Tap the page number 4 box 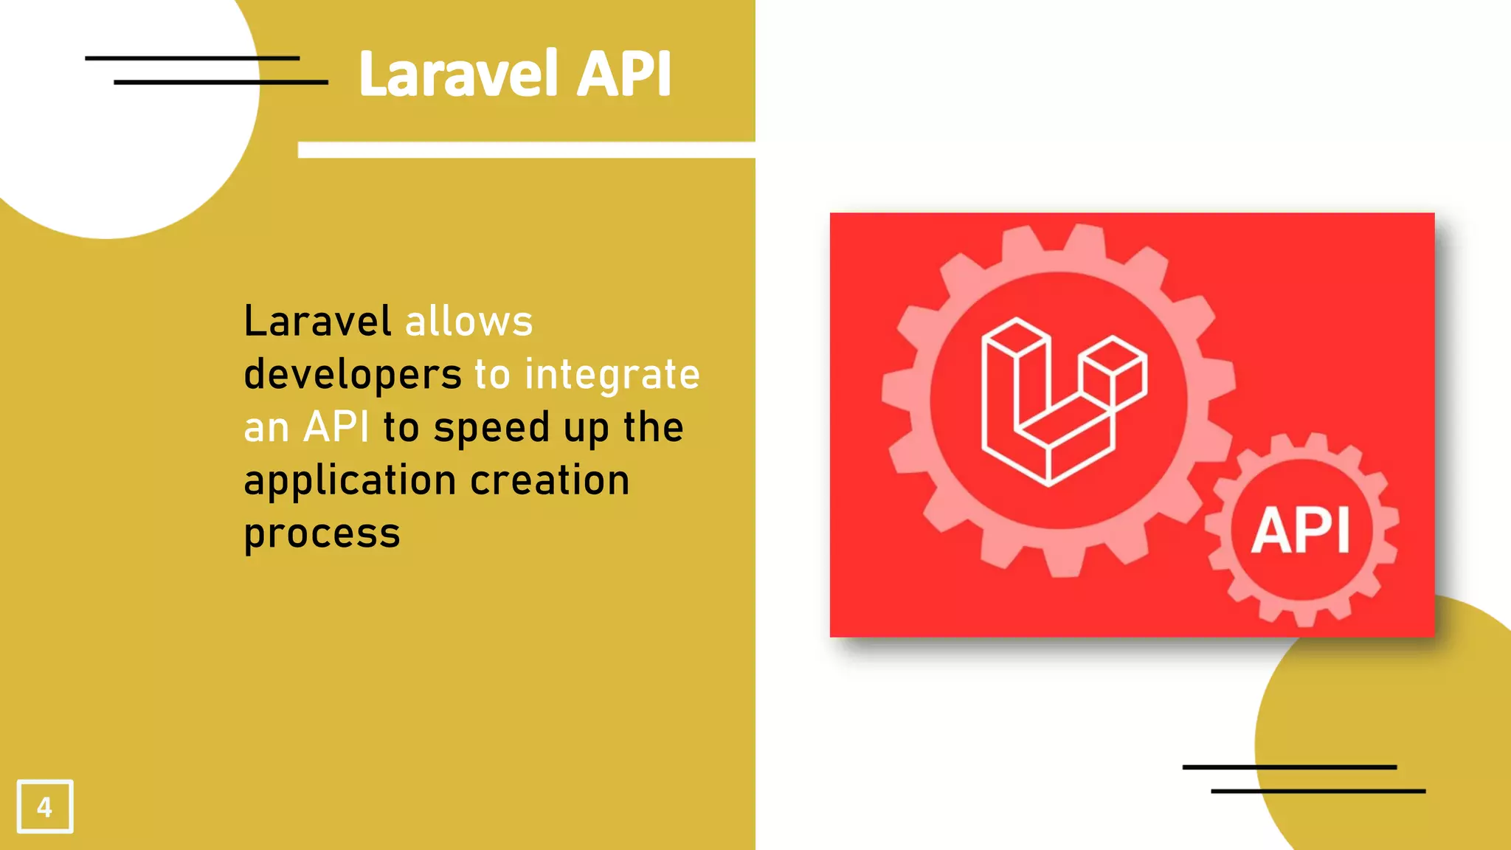click(x=45, y=806)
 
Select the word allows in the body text click(x=468, y=322)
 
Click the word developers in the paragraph click(x=353, y=375)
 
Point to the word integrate click(x=612, y=375)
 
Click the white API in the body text click(x=336, y=427)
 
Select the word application click(x=350, y=481)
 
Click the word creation click(x=550, y=480)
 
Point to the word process click(x=322, y=533)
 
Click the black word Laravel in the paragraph click(x=317, y=322)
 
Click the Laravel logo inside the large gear click(x=1062, y=402)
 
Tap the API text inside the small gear click(x=1301, y=531)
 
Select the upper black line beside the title click(x=192, y=58)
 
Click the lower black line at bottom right click(x=1318, y=791)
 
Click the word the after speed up click(x=653, y=427)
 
